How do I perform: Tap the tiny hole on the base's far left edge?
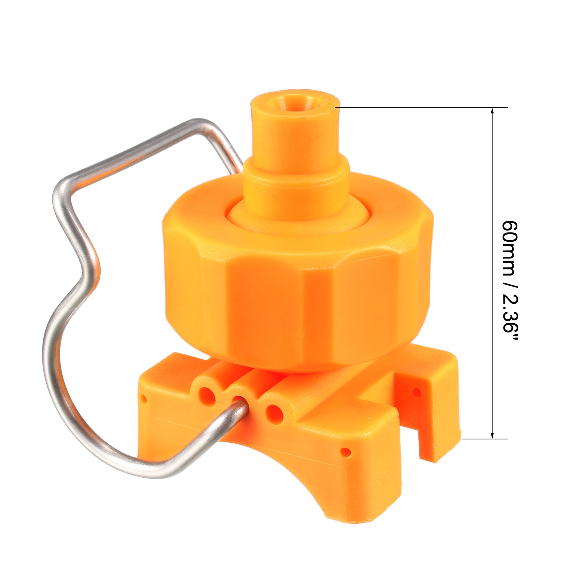144,400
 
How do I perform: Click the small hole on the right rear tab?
417,392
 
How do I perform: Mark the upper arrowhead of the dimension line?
492,111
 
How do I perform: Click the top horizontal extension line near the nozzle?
422,107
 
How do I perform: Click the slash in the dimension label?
510,286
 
